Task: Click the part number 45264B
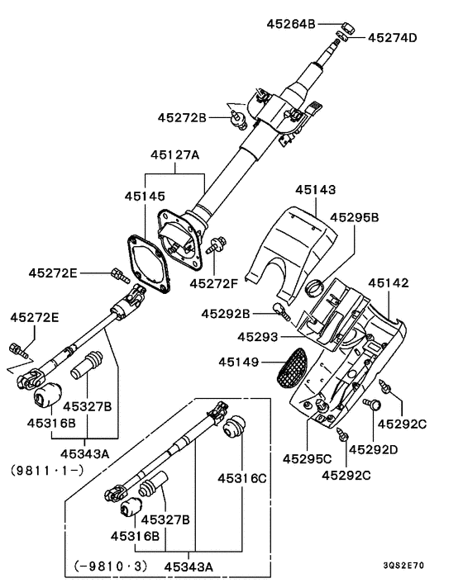291,24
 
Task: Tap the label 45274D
392,37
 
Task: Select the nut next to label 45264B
347,27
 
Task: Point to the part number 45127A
175,154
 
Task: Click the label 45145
145,196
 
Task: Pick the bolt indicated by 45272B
238,119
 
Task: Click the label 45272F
213,284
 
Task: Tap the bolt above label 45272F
216,244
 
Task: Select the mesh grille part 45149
292,367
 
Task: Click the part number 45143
316,190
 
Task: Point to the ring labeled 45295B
314,288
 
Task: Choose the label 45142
389,283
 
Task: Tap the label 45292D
374,449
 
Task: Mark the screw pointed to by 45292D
371,404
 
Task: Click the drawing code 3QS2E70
403,566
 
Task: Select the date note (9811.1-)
47,471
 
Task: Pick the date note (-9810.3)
111,566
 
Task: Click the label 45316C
242,478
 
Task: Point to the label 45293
258,337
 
